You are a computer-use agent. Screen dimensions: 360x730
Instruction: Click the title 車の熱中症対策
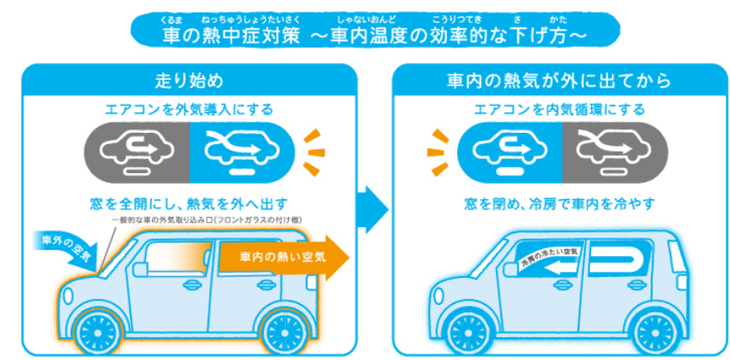[233, 35]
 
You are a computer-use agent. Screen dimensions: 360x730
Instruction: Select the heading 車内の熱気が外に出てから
[556, 81]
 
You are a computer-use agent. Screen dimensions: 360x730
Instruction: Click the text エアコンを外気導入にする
[189, 110]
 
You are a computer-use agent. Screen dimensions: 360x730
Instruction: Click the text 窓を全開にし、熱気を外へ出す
[190, 203]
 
